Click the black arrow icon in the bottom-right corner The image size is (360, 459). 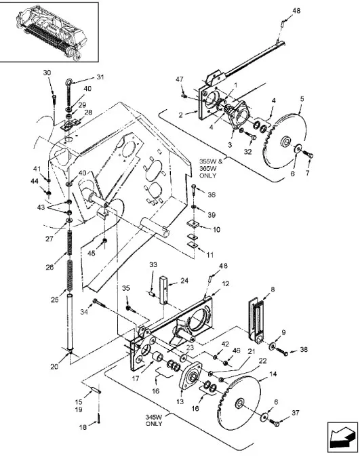pos(343,436)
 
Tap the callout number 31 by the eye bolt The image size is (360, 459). pos(100,77)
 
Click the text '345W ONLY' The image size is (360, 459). pos(154,420)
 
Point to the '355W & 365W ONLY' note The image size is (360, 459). pos(212,168)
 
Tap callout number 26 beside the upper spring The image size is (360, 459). pos(49,267)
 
